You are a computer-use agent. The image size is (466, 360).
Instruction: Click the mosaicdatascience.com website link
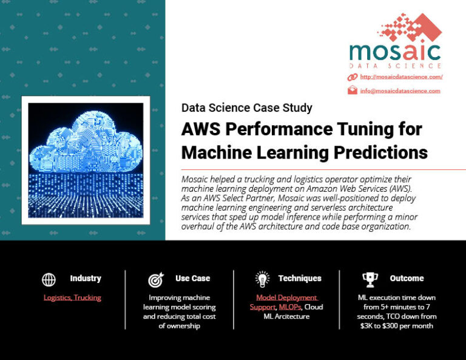click(401, 77)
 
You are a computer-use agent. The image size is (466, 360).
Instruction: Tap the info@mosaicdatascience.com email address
click(400, 91)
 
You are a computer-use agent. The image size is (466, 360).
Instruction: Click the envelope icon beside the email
click(352, 90)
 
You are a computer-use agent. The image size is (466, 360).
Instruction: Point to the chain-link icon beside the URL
click(352, 77)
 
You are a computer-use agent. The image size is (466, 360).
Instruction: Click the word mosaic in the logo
click(395, 50)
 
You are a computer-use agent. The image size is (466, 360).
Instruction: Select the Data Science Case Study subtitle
click(246, 108)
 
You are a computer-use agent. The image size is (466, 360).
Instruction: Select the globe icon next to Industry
click(49, 279)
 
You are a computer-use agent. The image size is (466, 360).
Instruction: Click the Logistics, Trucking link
click(72, 297)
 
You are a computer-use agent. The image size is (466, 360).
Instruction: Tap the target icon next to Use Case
click(155, 280)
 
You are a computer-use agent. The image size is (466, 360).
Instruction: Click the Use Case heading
click(192, 279)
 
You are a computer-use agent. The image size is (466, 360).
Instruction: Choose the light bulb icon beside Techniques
click(262, 279)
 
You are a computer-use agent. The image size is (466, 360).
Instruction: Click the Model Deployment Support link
click(286, 297)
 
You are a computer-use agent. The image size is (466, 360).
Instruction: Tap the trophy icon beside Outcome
click(370, 279)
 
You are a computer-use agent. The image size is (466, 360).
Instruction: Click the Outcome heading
click(407, 279)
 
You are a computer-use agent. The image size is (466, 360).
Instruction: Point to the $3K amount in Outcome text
click(366, 326)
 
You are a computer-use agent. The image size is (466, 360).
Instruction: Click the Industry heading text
click(86, 279)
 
